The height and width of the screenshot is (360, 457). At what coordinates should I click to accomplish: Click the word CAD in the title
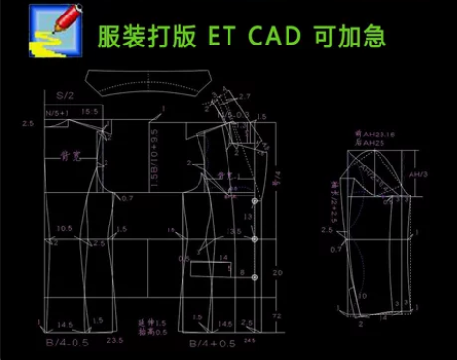[x=277, y=37]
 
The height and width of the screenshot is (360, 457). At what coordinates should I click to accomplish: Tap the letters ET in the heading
[x=224, y=37]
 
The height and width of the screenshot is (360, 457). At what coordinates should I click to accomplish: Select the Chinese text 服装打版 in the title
[x=146, y=37]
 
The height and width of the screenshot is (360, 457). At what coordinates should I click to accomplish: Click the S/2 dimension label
[x=64, y=96]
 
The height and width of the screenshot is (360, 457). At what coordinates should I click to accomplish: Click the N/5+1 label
[x=59, y=113]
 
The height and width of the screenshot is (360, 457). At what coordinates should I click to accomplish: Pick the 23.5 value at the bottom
[x=114, y=340]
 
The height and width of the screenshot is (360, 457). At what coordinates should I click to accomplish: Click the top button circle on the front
[x=255, y=200]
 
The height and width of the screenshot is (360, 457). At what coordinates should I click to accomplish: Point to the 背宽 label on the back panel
[x=70, y=154]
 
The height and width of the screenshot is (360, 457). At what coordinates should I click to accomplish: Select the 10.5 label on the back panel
[x=65, y=229]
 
